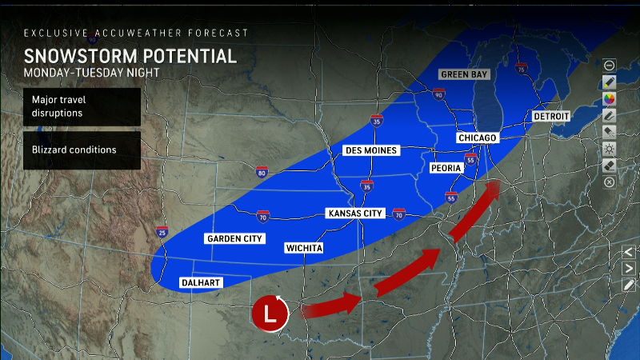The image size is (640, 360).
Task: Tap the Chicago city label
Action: point(478,138)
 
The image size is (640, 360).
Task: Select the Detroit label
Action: point(552,116)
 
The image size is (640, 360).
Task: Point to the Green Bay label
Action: point(464,74)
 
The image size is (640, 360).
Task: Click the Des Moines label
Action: point(370,150)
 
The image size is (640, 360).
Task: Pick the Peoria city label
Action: point(446,169)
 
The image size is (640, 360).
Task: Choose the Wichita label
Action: point(304,248)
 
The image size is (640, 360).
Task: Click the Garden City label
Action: point(234,238)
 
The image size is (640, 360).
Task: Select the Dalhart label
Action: point(200,282)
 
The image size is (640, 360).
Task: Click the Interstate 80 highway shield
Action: point(262,171)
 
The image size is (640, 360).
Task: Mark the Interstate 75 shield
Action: point(522,70)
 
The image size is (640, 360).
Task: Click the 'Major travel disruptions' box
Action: point(82,106)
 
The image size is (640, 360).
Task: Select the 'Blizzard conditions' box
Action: point(82,150)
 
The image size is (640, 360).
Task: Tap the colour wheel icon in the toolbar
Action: point(609,98)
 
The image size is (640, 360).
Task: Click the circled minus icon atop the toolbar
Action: point(609,65)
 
